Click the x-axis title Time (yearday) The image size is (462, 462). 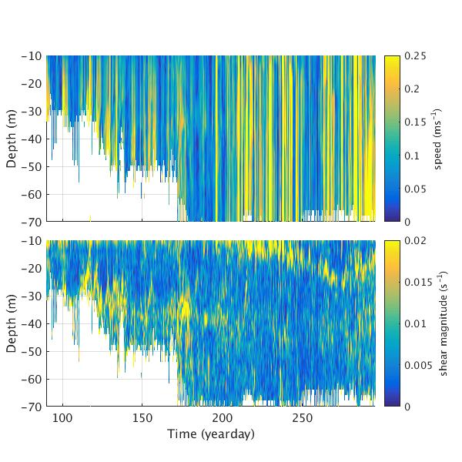[x=211, y=434]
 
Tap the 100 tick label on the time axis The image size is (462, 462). [x=62, y=418]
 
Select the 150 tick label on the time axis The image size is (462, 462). [x=142, y=418]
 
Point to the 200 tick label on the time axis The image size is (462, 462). [x=222, y=418]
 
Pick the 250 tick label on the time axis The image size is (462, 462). [x=302, y=418]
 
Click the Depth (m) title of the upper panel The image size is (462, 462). [x=12, y=139]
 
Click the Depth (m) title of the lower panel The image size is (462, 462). [x=12, y=323]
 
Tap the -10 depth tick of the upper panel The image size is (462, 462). [x=32, y=56]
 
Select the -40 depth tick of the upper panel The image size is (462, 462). [x=32, y=139]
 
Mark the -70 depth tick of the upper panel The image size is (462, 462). [x=32, y=222]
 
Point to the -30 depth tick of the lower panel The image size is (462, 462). [x=32, y=296]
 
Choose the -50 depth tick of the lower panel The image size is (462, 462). [x=32, y=351]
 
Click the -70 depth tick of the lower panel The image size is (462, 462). [x=32, y=407]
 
